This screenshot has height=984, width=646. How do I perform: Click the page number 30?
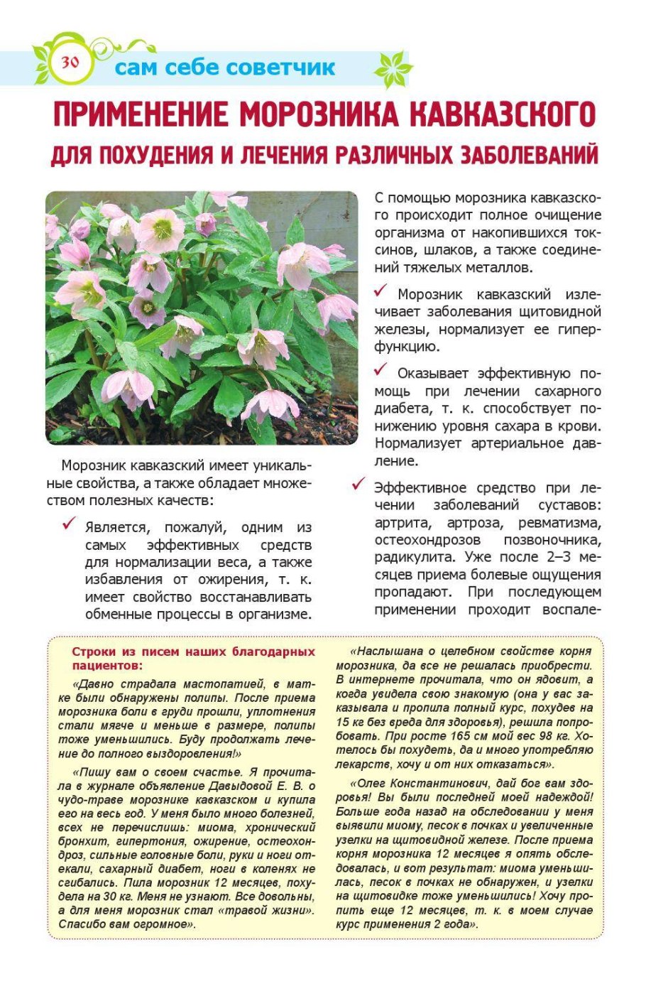(x=70, y=62)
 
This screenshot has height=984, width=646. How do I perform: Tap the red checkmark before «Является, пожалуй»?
(x=70, y=524)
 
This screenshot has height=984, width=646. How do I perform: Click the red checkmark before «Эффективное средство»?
(x=359, y=485)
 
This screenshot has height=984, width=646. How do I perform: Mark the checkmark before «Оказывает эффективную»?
(x=381, y=370)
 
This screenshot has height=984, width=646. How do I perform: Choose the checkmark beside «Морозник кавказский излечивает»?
(x=381, y=291)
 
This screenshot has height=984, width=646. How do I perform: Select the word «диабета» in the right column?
(x=400, y=409)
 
